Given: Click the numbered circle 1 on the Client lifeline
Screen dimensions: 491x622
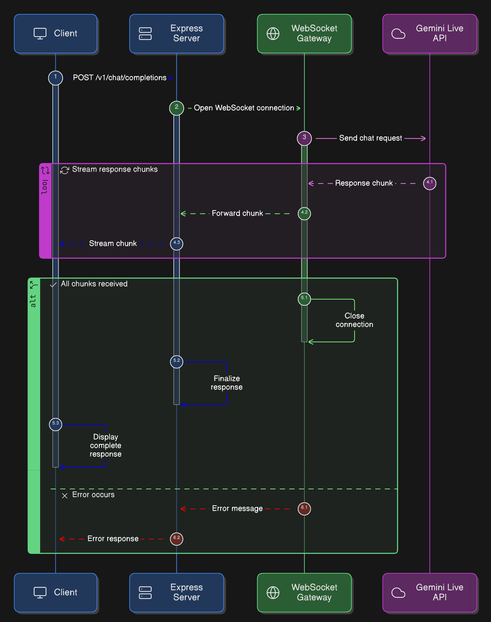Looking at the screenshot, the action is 56,78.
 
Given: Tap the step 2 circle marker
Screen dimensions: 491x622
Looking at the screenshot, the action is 176,108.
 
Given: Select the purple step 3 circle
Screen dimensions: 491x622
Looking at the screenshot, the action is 304,138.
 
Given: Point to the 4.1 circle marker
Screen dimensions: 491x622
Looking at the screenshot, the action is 429,183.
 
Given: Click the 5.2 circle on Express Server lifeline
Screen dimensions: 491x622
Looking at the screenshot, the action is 176,362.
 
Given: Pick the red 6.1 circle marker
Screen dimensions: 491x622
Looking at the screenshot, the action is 304,509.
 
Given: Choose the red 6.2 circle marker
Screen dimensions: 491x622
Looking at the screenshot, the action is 176,539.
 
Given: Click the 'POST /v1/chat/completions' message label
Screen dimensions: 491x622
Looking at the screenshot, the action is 120,78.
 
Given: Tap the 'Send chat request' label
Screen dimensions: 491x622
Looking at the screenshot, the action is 370,138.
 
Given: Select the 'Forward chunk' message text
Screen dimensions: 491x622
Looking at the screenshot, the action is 237,213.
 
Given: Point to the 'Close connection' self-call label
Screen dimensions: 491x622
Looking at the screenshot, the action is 355,320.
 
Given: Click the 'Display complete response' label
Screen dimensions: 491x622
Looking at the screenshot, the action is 105,445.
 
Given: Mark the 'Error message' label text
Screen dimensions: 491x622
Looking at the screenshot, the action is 237,509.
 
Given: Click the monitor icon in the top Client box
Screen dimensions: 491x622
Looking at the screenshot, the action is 40,34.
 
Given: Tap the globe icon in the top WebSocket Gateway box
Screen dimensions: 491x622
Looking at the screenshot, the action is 273,34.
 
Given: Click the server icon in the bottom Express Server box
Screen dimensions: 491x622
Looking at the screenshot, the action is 145,592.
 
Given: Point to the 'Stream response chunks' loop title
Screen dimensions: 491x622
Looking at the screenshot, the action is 115,169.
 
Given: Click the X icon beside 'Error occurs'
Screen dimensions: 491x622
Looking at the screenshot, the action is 65,495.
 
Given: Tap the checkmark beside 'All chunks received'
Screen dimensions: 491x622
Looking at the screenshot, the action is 53,285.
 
